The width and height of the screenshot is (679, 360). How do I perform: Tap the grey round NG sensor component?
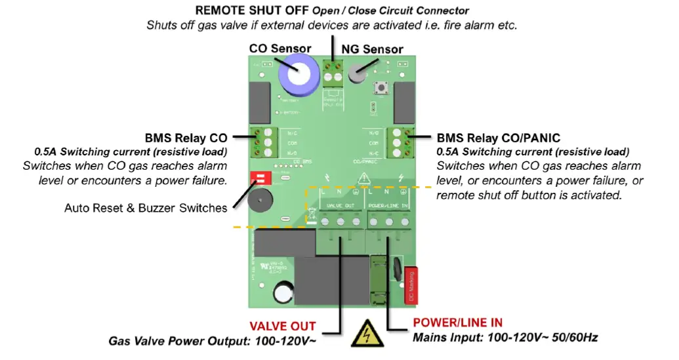(356, 74)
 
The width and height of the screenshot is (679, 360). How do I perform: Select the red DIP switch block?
(258, 180)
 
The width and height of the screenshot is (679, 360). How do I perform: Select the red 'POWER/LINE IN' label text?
(457, 323)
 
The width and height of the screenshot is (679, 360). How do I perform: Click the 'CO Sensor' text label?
(280, 49)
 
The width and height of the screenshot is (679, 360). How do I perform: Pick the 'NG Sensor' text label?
(372, 49)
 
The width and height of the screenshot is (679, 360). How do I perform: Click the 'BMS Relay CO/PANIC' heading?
(498, 138)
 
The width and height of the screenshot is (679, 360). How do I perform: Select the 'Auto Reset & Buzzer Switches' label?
(146, 208)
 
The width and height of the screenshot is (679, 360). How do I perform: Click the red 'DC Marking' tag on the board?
(412, 287)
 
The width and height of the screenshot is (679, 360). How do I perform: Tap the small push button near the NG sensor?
(380, 88)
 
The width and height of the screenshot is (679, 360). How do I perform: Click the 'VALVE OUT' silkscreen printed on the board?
(340, 205)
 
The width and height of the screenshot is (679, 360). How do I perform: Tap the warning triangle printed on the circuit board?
(363, 177)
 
